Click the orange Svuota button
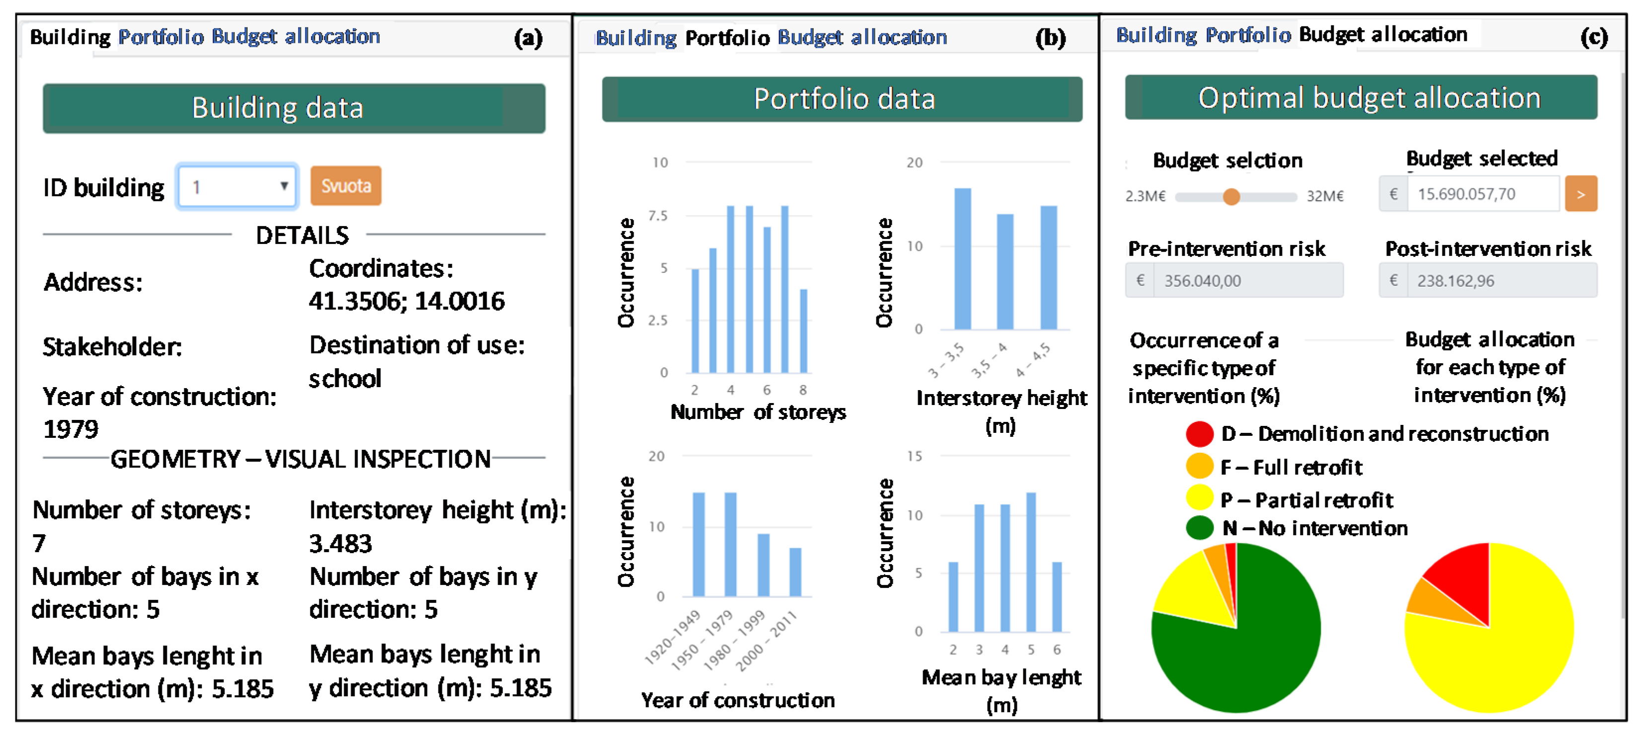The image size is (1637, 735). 346,186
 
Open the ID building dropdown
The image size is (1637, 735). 237,186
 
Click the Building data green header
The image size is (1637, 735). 293,108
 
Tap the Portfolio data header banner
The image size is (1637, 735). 842,99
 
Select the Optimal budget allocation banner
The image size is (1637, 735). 1360,98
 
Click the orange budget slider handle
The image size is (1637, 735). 1231,196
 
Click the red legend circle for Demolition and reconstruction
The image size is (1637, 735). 1199,434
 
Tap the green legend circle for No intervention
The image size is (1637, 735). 1199,528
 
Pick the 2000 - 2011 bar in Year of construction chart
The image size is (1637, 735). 795,572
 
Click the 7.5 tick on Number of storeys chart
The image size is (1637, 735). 658,216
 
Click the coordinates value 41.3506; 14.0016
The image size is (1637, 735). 407,301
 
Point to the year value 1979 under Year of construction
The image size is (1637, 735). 71,430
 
